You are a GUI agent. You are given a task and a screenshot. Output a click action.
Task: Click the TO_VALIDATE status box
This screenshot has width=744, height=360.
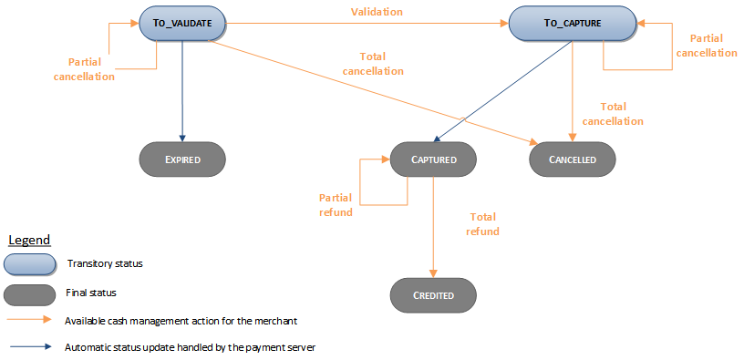point(182,24)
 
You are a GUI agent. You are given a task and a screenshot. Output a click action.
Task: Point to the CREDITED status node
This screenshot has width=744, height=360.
point(433,295)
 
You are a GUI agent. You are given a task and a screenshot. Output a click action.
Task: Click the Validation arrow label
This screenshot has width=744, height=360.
point(377,12)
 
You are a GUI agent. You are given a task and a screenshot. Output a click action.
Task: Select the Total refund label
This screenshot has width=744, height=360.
point(484,224)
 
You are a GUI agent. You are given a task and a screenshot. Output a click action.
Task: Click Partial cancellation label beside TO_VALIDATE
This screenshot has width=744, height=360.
point(91,69)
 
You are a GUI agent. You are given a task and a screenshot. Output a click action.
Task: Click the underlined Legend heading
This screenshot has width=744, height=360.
point(29,240)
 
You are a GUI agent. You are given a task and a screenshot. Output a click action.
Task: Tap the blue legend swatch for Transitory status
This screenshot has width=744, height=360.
point(29,264)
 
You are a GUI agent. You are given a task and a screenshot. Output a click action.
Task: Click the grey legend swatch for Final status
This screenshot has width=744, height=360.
point(29,293)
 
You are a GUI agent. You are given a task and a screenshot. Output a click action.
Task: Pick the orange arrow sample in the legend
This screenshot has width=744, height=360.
point(29,321)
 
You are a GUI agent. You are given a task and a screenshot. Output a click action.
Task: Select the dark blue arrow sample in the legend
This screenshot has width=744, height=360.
point(29,347)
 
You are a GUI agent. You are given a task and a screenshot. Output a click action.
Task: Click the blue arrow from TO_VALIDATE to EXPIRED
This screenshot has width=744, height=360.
point(182,91)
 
